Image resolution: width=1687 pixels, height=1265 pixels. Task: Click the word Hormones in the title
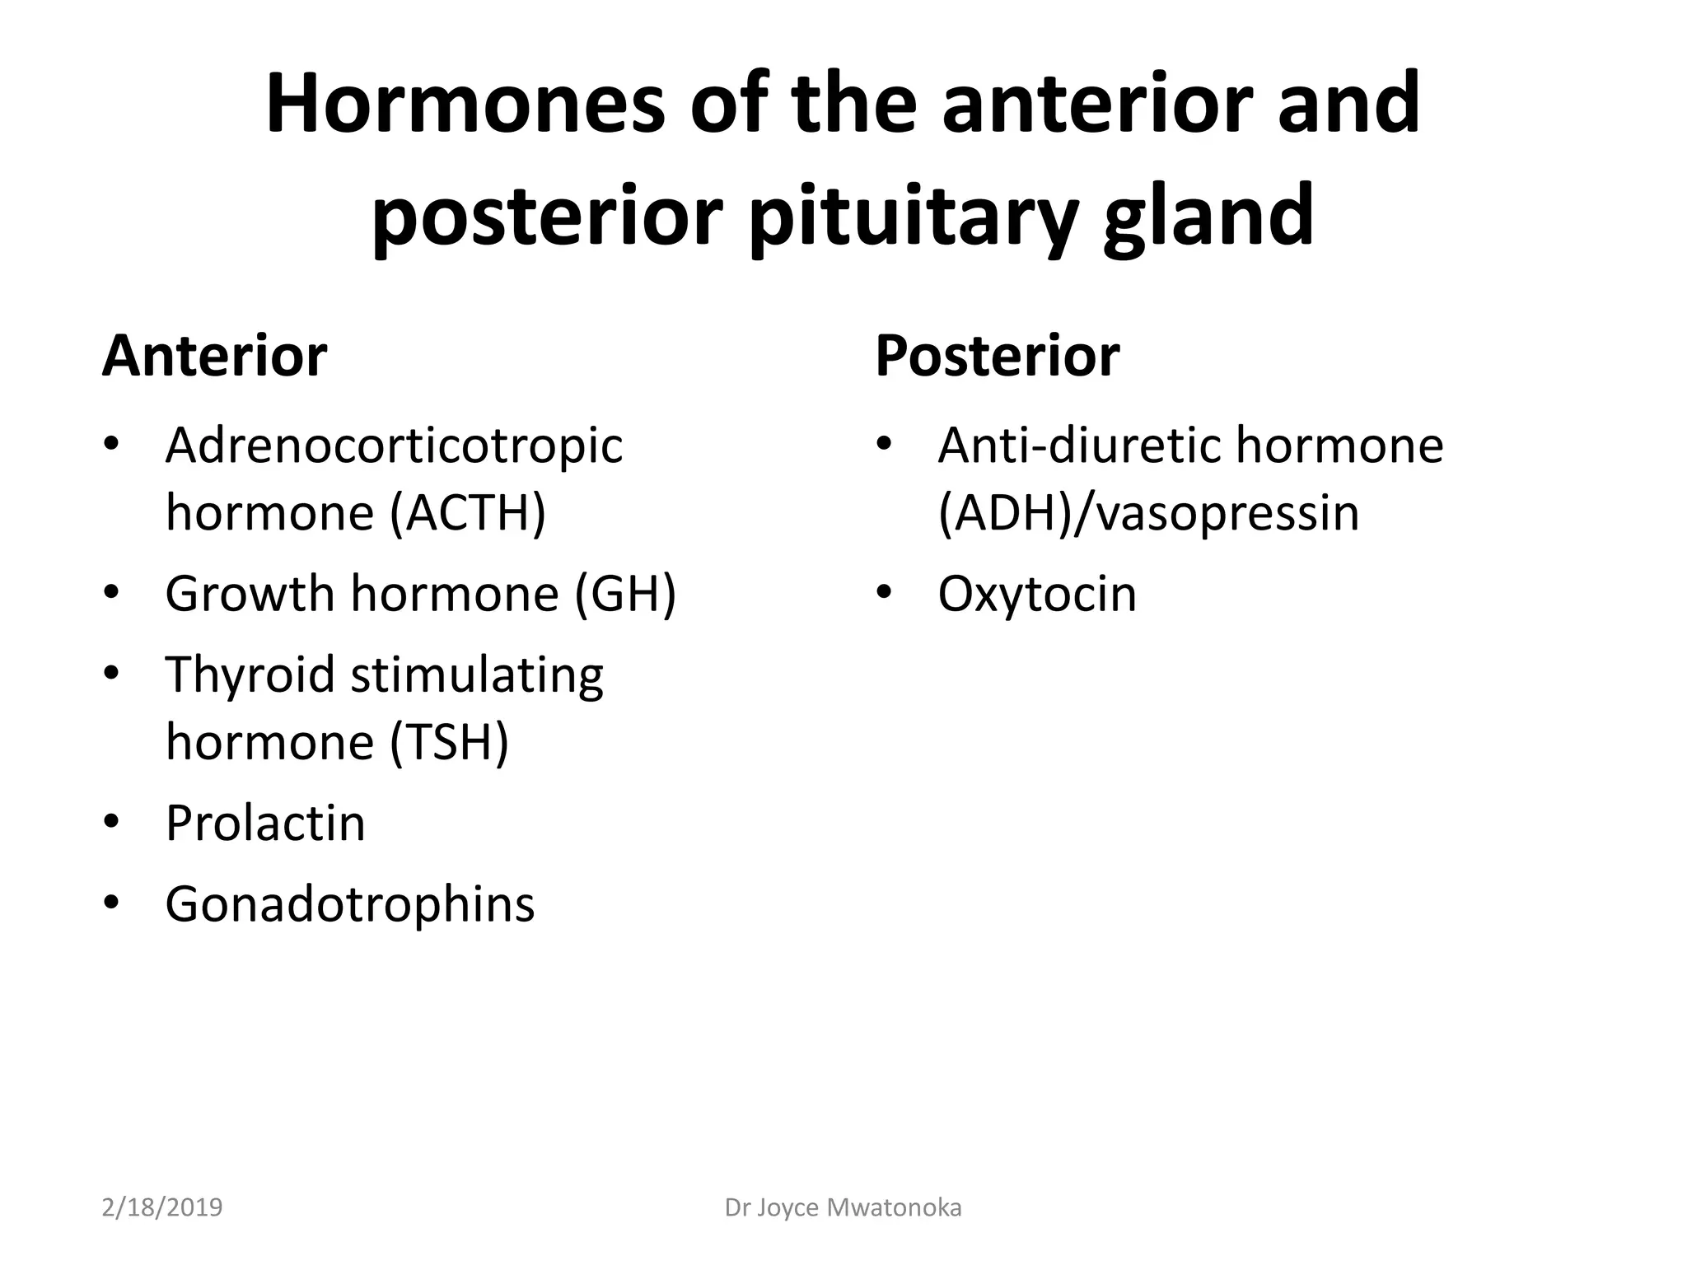pos(464,105)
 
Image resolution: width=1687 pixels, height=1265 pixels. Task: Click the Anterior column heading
pos(214,356)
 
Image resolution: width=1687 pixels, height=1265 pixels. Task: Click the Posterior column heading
pos(997,356)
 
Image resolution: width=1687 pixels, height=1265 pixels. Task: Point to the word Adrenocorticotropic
pos(394,446)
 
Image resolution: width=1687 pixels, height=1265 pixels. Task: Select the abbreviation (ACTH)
pos(468,513)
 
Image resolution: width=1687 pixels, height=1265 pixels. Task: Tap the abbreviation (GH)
pos(625,594)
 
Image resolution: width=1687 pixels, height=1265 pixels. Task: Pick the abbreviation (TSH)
pos(449,742)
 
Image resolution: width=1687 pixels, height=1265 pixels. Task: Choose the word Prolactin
pos(265,823)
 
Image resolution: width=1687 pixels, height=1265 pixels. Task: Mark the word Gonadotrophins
pos(350,904)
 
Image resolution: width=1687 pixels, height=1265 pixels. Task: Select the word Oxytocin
pos(1036,594)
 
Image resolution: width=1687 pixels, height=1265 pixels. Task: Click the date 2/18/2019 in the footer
pos(162,1207)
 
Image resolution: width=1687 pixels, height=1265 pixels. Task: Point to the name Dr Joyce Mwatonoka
pos(843,1207)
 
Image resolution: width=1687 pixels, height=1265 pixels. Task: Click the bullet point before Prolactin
pos(112,821)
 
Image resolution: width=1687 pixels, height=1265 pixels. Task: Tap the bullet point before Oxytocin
pos(885,592)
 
